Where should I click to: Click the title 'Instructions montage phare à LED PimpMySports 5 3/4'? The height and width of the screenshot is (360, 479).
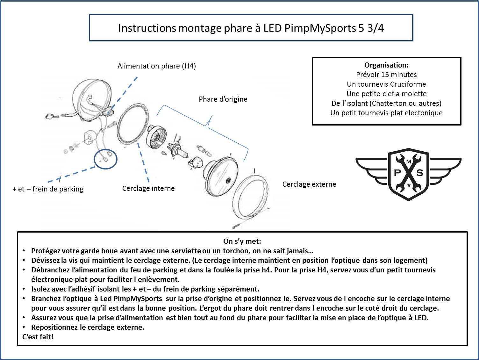tap(251, 28)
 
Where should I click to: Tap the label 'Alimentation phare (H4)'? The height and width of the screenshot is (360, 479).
tap(156, 66)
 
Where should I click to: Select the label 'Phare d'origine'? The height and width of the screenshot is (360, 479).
tap(223, 99)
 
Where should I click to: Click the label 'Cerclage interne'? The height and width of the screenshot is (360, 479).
tap(148, 188)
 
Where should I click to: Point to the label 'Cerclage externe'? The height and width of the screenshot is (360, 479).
tap(309, 184)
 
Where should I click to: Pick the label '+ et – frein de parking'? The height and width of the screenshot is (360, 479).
tap(48, 189)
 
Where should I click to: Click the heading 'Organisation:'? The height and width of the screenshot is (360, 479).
tap(386, 65)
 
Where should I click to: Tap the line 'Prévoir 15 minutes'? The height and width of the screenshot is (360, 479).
tap(386, 75)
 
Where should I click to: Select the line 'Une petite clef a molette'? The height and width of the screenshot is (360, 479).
tap(386, 94)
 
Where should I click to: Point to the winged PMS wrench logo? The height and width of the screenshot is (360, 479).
tap(408, 174)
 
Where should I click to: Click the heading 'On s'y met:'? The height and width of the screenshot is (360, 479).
tap(242, 241)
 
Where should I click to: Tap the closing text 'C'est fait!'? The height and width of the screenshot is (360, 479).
tap(38, 337)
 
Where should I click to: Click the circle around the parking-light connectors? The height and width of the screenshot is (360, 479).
tap(105, 158)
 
